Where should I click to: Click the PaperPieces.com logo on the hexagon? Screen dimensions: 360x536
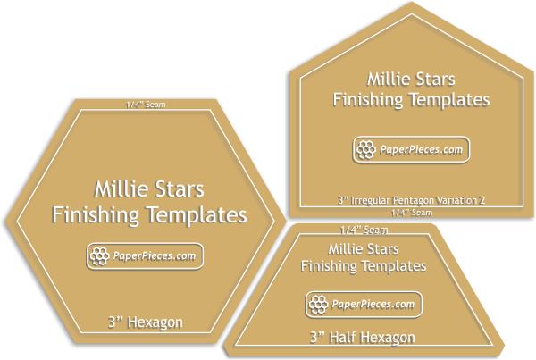tap(145, 256)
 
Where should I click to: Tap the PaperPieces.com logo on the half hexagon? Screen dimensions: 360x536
tap(362, 303)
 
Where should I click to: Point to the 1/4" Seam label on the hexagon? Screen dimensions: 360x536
tap(147, 105)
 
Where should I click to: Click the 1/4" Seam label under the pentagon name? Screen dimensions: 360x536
tap(412, 213)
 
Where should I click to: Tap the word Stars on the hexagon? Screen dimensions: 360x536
tap(180, 189)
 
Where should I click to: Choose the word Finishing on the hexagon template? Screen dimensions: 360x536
tap(96, 215)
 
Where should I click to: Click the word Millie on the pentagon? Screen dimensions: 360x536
tap(391, 79)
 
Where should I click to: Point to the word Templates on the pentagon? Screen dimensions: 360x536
tap(447, 99)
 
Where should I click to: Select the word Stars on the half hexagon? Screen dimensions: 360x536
tap(398, 246)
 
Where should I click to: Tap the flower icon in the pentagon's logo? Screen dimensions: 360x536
tap(364, 150)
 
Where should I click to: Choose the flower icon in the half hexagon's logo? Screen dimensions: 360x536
tap(319, 303)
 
